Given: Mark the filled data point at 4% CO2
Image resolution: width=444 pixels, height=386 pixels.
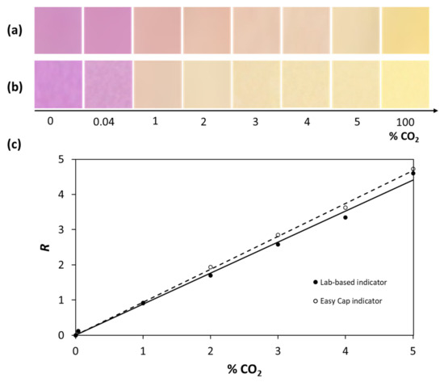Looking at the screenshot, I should click(346, 217).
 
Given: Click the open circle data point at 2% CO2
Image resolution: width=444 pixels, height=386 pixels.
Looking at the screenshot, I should click(211, 267).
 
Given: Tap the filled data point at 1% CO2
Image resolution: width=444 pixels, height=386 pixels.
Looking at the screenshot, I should click(143, 303).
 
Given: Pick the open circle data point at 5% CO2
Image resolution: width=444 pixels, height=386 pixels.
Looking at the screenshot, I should click(413, 169).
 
